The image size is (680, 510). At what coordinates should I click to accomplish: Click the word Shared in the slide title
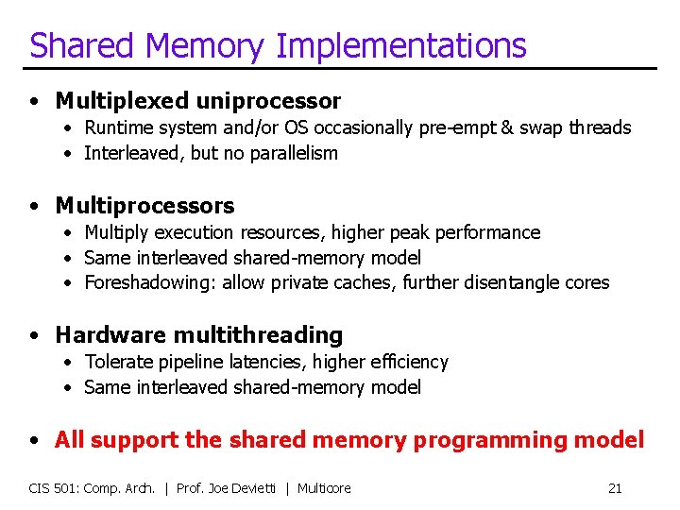pos(79,45)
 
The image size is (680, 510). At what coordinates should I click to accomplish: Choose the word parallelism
pos(293,153)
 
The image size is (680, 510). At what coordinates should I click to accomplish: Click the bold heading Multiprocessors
pos(144,205)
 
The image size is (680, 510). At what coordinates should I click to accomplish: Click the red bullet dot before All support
pos(34,440)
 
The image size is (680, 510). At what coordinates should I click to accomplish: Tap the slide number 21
pos(615,488)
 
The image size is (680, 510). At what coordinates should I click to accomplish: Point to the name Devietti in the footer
pos(255,488)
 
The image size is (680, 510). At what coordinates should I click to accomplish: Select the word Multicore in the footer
pos(324,488)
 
